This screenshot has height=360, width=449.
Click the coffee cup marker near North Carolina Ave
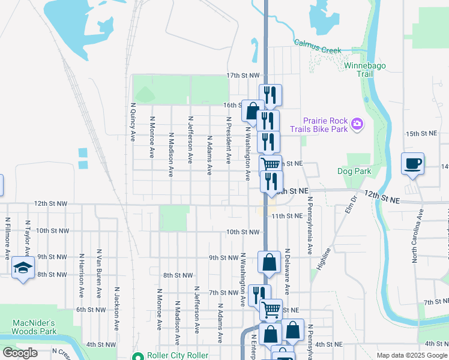pos(413,164)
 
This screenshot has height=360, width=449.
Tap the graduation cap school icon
pos(23,268)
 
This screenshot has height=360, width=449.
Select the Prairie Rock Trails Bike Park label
pos(318,124)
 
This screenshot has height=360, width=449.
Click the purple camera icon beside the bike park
pos(357,124)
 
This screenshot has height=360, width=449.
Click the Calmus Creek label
pos(317,46)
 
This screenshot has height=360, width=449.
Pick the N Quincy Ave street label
pos(133,121)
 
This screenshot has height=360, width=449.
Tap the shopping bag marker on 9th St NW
pos(270,262)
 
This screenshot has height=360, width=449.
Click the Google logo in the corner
pos(20,353)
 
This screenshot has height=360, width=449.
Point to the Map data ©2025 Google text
pos(411,355)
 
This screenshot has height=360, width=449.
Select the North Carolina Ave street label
pos(414,236)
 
